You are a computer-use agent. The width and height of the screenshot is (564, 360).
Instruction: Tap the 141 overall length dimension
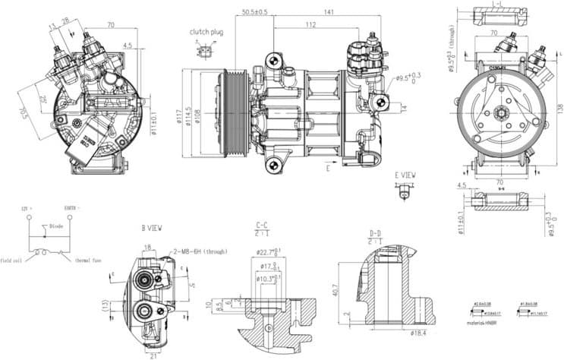point(329,12)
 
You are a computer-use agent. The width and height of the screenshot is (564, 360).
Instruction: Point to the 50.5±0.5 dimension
point(255,12)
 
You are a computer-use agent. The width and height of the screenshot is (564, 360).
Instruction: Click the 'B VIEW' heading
point(152,228)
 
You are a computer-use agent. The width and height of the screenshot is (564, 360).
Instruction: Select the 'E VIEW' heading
point(405,175)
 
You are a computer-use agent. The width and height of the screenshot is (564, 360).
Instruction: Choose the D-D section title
point(375,232)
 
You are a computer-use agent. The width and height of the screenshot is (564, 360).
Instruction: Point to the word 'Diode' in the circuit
point(56,226)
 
